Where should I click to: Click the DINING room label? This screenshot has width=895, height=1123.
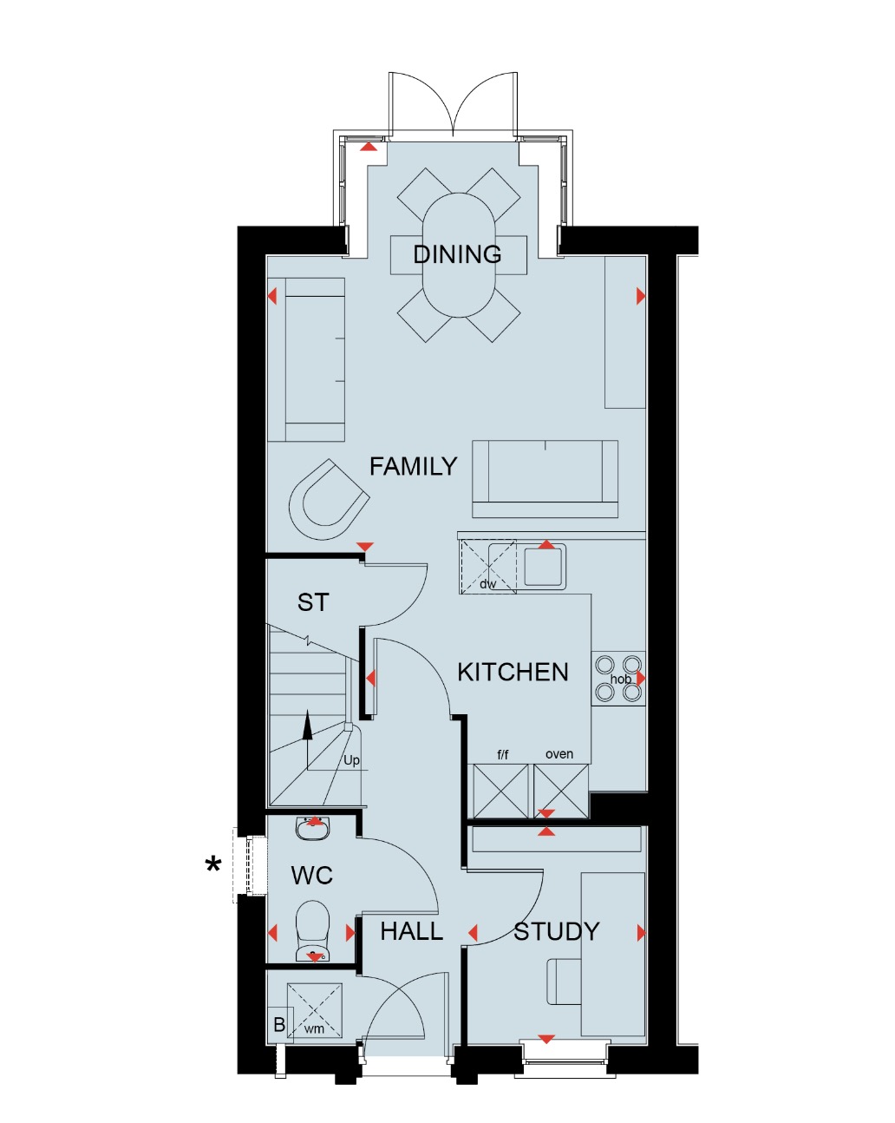[x=457, y=254]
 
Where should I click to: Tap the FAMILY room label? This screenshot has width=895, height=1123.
[x=413, y=467]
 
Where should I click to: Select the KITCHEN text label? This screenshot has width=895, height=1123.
[x=513, y=673]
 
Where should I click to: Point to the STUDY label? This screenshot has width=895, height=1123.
[x=557, y=932]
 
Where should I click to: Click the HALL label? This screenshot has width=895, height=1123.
[x=411, y=932]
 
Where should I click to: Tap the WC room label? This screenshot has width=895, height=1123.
[x=312, y=876]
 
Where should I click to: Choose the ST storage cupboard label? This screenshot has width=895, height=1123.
[x=313, y=602]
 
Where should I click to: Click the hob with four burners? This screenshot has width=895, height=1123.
[x=619, y=679]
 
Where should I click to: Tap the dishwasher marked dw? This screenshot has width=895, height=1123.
[x=487, y=567]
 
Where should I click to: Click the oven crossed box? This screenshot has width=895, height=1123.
[x=561, y=791]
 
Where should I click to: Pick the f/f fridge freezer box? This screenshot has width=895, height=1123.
[x=500, y=791]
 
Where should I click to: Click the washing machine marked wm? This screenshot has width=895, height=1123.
[x=315, y=1011]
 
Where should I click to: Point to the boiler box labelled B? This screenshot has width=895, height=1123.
[x=279, y=1025]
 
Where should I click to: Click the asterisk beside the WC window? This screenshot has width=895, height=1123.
[x=213, y=865]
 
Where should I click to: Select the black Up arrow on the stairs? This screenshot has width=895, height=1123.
[x=307, y=727]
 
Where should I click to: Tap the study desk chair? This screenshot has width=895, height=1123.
[x=564, y=982]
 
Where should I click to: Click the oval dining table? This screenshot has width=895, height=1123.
[x=459, y=254]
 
